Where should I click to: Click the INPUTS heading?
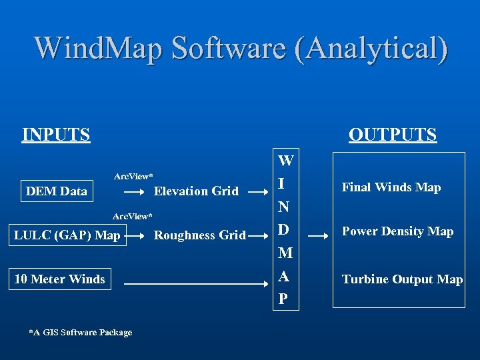coord(56,135)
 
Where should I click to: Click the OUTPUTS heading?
coord(393,135)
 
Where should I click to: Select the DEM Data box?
coord(57,191)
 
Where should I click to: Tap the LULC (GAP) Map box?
coord(67,235)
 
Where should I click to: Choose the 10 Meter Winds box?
coord(60,279)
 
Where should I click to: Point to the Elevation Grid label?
coord(196,191)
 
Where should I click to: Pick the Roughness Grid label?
coord(200,235)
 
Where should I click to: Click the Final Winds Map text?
coord(391,187)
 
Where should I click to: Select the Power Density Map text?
coord(397,231)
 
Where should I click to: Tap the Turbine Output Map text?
coord(402,279)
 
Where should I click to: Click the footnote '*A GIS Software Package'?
coord(81,332)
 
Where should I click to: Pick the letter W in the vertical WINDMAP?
coord(285,161)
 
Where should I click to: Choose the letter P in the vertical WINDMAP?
coord(283,299)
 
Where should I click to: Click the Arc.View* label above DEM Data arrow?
coord(133,176)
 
